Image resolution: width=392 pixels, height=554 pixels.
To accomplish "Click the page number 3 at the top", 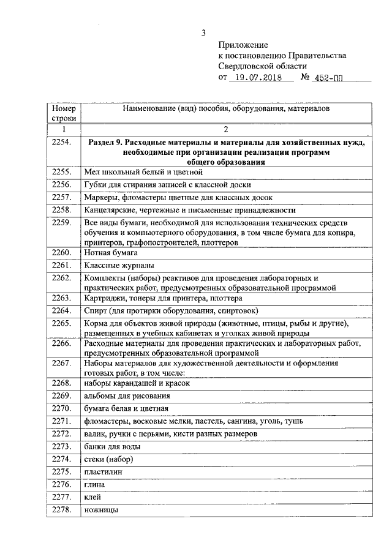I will point(203,32).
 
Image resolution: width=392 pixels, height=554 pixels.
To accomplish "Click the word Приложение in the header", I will point(243,45).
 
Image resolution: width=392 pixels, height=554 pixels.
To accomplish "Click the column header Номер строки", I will point(63,113).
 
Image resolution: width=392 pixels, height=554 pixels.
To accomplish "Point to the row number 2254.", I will point(62,143).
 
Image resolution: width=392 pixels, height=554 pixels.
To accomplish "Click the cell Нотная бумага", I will point(111,252).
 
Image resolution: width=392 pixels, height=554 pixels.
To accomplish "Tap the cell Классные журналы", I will point(119,265).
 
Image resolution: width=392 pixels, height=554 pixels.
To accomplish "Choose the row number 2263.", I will point(62,298).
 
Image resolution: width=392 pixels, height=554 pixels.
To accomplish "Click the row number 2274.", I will point(62,459).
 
